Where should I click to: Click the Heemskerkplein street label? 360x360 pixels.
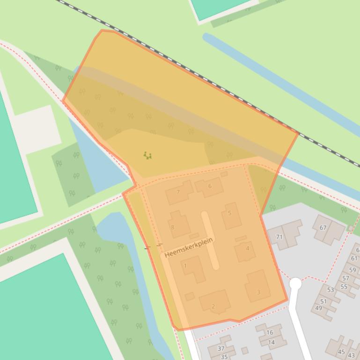189,247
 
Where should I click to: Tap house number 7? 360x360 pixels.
178,192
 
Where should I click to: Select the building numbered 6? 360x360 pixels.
210,186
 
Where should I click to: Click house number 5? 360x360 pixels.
229,213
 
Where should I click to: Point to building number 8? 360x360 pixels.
173,227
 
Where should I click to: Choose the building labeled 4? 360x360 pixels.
248,248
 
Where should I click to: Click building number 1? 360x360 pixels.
185,266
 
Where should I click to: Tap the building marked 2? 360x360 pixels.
213,306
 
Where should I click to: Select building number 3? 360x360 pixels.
258,292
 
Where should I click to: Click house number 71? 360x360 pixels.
279,237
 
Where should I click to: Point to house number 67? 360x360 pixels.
323,228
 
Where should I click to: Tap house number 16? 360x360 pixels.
270,332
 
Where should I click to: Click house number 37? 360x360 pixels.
221,348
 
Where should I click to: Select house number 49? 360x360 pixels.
319,308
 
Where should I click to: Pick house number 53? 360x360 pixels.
331,290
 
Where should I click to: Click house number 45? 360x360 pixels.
341,352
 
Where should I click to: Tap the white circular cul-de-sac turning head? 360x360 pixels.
295,283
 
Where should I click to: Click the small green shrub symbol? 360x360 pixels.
147,155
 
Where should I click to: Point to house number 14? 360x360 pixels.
272,342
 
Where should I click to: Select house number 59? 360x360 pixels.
353,270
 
